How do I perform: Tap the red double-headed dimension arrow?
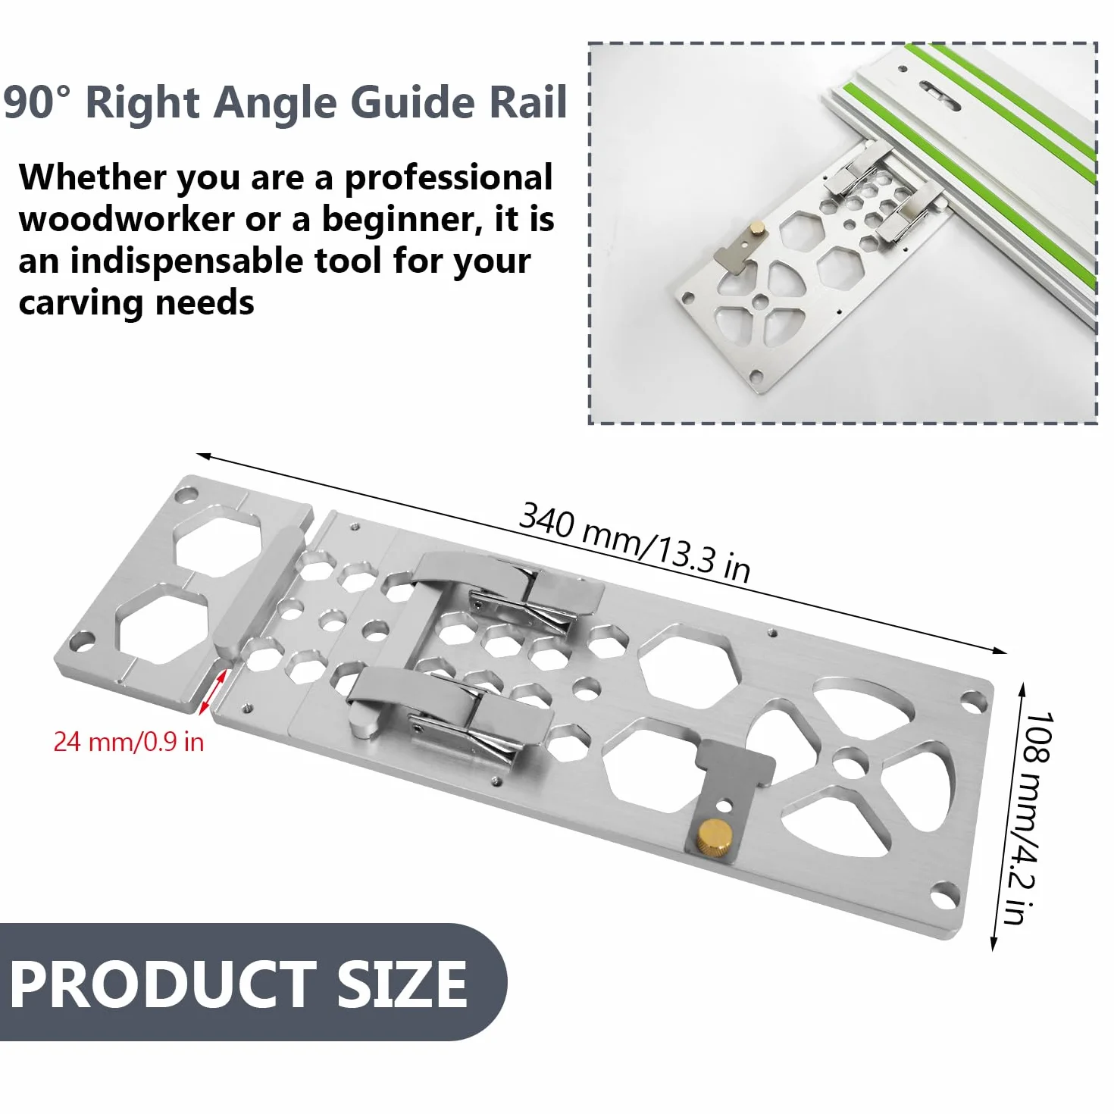tap(213, 692)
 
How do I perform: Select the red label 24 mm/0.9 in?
tap(129, 742)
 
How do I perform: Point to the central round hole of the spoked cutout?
tap(849, 765)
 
